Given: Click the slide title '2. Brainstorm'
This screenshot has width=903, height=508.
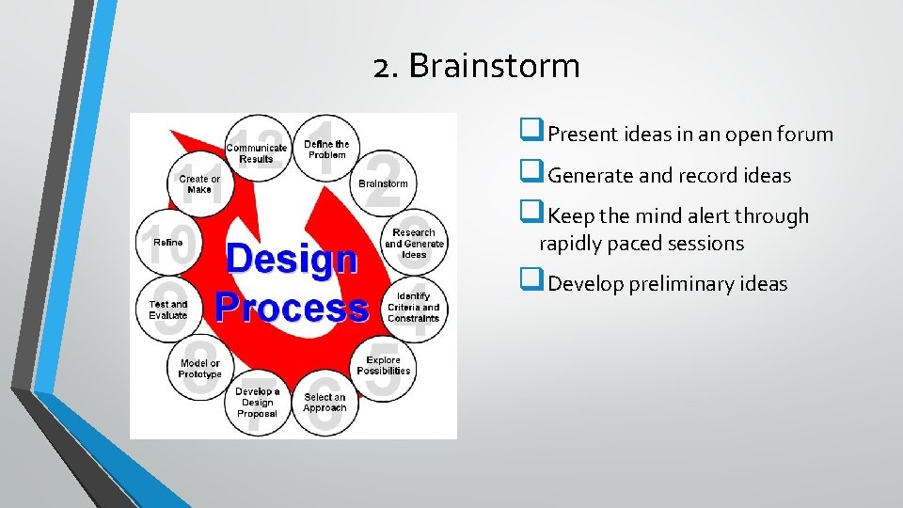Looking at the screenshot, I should (x=476, y=67).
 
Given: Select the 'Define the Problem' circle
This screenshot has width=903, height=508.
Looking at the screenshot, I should (x=326, y=150).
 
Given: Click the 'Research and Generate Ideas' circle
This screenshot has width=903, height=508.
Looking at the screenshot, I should (x=414, y=242).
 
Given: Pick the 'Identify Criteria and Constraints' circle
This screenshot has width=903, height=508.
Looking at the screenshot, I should (x=414, y=307).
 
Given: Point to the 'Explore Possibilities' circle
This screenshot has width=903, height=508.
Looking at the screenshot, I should (x=383, y=365).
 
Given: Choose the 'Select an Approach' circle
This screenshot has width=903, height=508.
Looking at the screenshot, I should (x=325, y=403).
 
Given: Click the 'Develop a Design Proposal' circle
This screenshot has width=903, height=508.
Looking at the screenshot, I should (x=257, y=403).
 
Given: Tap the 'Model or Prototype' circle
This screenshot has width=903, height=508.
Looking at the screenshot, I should (x=199, y=368).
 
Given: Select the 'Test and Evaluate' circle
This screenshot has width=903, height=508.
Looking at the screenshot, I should (x=168, y=310).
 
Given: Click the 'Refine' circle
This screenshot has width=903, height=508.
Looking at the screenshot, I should (x=168, y=243).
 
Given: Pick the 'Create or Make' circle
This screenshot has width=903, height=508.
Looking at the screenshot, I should (x=199, y=183).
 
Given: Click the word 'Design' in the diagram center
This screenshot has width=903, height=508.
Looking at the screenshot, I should (x=291, y=259).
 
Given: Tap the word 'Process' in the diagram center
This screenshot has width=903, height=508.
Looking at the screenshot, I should (x=291, y=307).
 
